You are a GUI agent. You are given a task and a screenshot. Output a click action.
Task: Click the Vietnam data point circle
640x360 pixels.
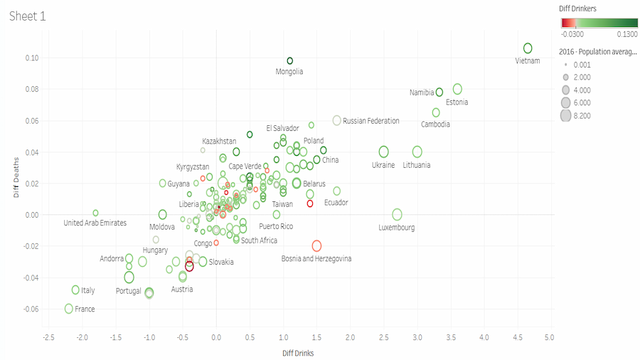point(528,48)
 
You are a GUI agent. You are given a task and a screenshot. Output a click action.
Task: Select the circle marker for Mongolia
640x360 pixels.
point(290,61)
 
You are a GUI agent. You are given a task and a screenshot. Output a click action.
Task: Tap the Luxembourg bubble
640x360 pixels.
point(398,215)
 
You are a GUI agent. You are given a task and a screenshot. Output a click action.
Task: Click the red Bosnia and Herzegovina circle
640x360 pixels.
point(316,246)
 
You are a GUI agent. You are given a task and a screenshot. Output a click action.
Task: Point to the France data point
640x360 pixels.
point(69,309)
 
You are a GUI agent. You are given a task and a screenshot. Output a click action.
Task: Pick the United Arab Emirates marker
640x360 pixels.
point(95,213)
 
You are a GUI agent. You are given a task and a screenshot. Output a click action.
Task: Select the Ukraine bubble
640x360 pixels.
point(384,152)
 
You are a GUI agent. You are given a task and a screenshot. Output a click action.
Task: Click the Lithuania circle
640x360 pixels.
point(417,152)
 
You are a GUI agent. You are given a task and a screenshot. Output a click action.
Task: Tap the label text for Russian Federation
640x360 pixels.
point(370,121)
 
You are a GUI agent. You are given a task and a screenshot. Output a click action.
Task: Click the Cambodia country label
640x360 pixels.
point(435,125)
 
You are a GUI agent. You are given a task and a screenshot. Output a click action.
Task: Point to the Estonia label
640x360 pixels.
point(457,102)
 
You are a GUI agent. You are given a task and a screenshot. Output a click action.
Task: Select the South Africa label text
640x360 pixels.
point(259,240)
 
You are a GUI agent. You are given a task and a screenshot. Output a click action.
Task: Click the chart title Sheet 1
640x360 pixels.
point(28,16)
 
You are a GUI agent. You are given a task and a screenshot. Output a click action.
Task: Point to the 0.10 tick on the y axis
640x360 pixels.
point(32,58)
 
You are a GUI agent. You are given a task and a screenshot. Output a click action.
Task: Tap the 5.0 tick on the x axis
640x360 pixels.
point(549,337)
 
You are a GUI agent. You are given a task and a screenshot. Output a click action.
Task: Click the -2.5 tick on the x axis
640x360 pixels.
point(48,337)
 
